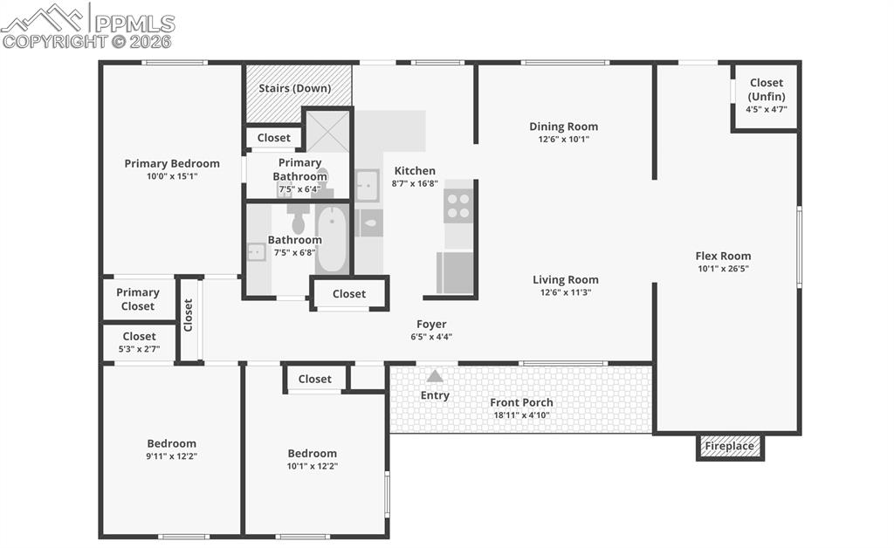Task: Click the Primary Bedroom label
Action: pyautogui.click(x=172, y=163)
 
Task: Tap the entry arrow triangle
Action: pyautogui.click(x=435, y=376)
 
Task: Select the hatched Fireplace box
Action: pyautogui.click(x=730, y=446)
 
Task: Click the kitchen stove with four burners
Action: pyautogui.click(x=458, y=206)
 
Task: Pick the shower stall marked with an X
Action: pyautogui.click(x=327, y=132)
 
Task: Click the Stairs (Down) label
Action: pyautogui.click(x=295, y=88)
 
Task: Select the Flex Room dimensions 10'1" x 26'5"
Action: pyautogui.click(x=723, y=269)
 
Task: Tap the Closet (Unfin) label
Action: pyautogui.click(x=766, y=89)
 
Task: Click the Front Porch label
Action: pyautogui.click(x=521, y=402)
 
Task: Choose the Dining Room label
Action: pyautogui.click(x=563, y=127)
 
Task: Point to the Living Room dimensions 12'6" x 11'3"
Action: pyautogui.click(x=566, y=292)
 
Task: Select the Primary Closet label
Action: pyautogui.click(x=138, y=299)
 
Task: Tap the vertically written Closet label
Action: pyautogui.click(x=189, y=315)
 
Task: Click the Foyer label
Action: pyautogui.click(x=431, y=325)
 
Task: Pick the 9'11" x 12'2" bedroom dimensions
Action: pyautogui.click(x=171, y=456)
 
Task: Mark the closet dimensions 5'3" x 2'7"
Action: pyautogui.click(x=139, y=348)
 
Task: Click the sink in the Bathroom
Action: pyautogui.click(x=256, y=251)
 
